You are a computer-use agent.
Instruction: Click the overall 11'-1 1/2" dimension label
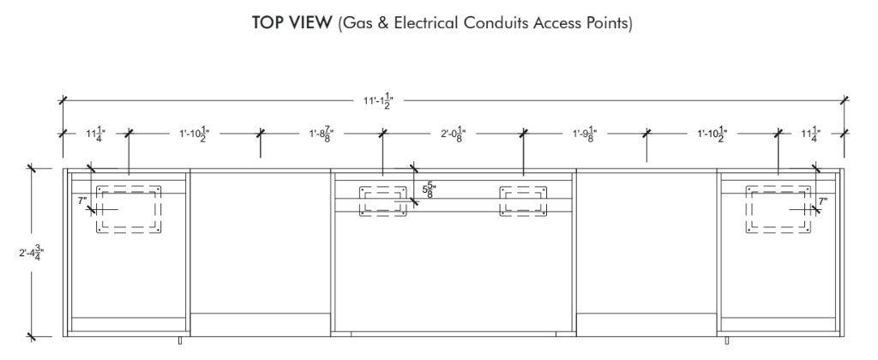click(x=378, y=101)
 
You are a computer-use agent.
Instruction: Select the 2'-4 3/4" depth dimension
click(x=32, y=253)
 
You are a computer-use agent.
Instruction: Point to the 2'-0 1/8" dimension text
click(x=453, y=135)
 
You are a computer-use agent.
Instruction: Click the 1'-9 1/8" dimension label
click(x=585, y=135)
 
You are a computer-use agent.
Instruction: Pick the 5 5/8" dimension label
click(x=429, y=189)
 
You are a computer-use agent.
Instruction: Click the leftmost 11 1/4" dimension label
click(x=95, y=135)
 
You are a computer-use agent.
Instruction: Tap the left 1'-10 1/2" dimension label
click(x=194, y=135)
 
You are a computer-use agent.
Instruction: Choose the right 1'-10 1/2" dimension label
click(x=712, y=135)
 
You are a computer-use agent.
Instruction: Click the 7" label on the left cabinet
click(x=82, y=201)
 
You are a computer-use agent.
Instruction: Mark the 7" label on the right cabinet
click(x=822, y=201)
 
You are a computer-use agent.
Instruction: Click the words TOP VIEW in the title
click(x=292, y=23)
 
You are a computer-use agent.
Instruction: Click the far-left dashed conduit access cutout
click(x=129, y=187)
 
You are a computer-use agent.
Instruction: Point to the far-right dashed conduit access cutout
click(x=779, y=187)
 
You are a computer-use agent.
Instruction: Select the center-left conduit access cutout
click(x=383, y=188)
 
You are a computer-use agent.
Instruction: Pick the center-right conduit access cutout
click(x=523, y=188)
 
